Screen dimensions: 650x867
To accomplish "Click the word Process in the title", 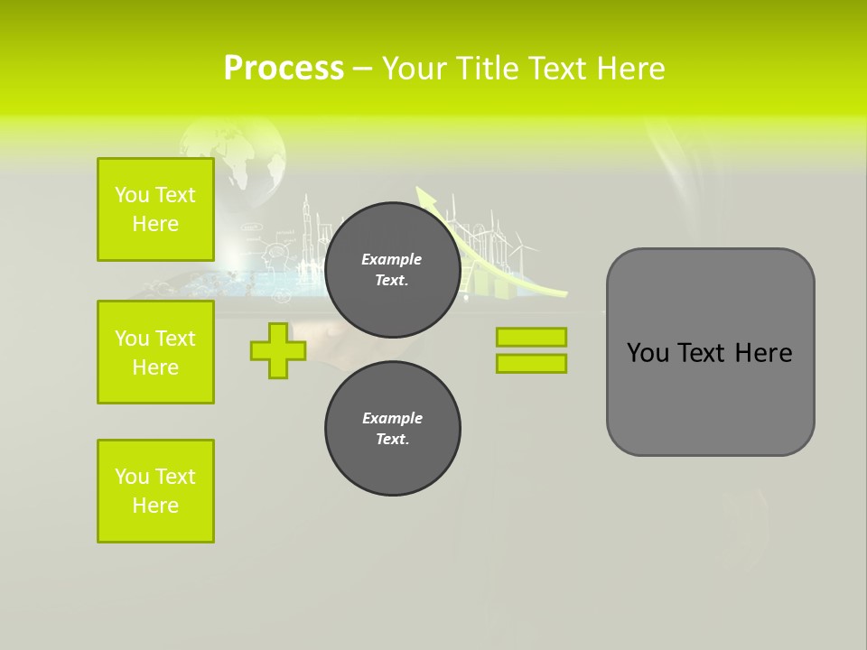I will (x=284, y=69).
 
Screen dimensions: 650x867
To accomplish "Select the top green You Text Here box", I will (x=155, y=209).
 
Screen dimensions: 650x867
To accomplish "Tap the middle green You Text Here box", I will (x=155, y=352).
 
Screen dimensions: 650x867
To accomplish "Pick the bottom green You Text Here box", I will (x=155, y=491).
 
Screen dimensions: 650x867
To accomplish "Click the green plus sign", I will (x=277, y=350).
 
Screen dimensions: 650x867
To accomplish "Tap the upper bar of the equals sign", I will (x=531, y=337).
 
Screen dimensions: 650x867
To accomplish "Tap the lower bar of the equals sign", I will (x=531, y=363).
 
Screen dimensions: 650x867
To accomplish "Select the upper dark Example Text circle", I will (x=392, y=269).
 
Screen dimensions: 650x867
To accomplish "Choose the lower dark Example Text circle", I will (x=392, y=428).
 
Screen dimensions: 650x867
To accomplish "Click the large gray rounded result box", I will (x=710, y=352).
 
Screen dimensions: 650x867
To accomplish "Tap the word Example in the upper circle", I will (x=392, y=259).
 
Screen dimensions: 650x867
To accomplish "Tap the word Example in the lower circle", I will (x=392, y=418).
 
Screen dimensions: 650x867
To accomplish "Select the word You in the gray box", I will (x=648, y=353).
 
